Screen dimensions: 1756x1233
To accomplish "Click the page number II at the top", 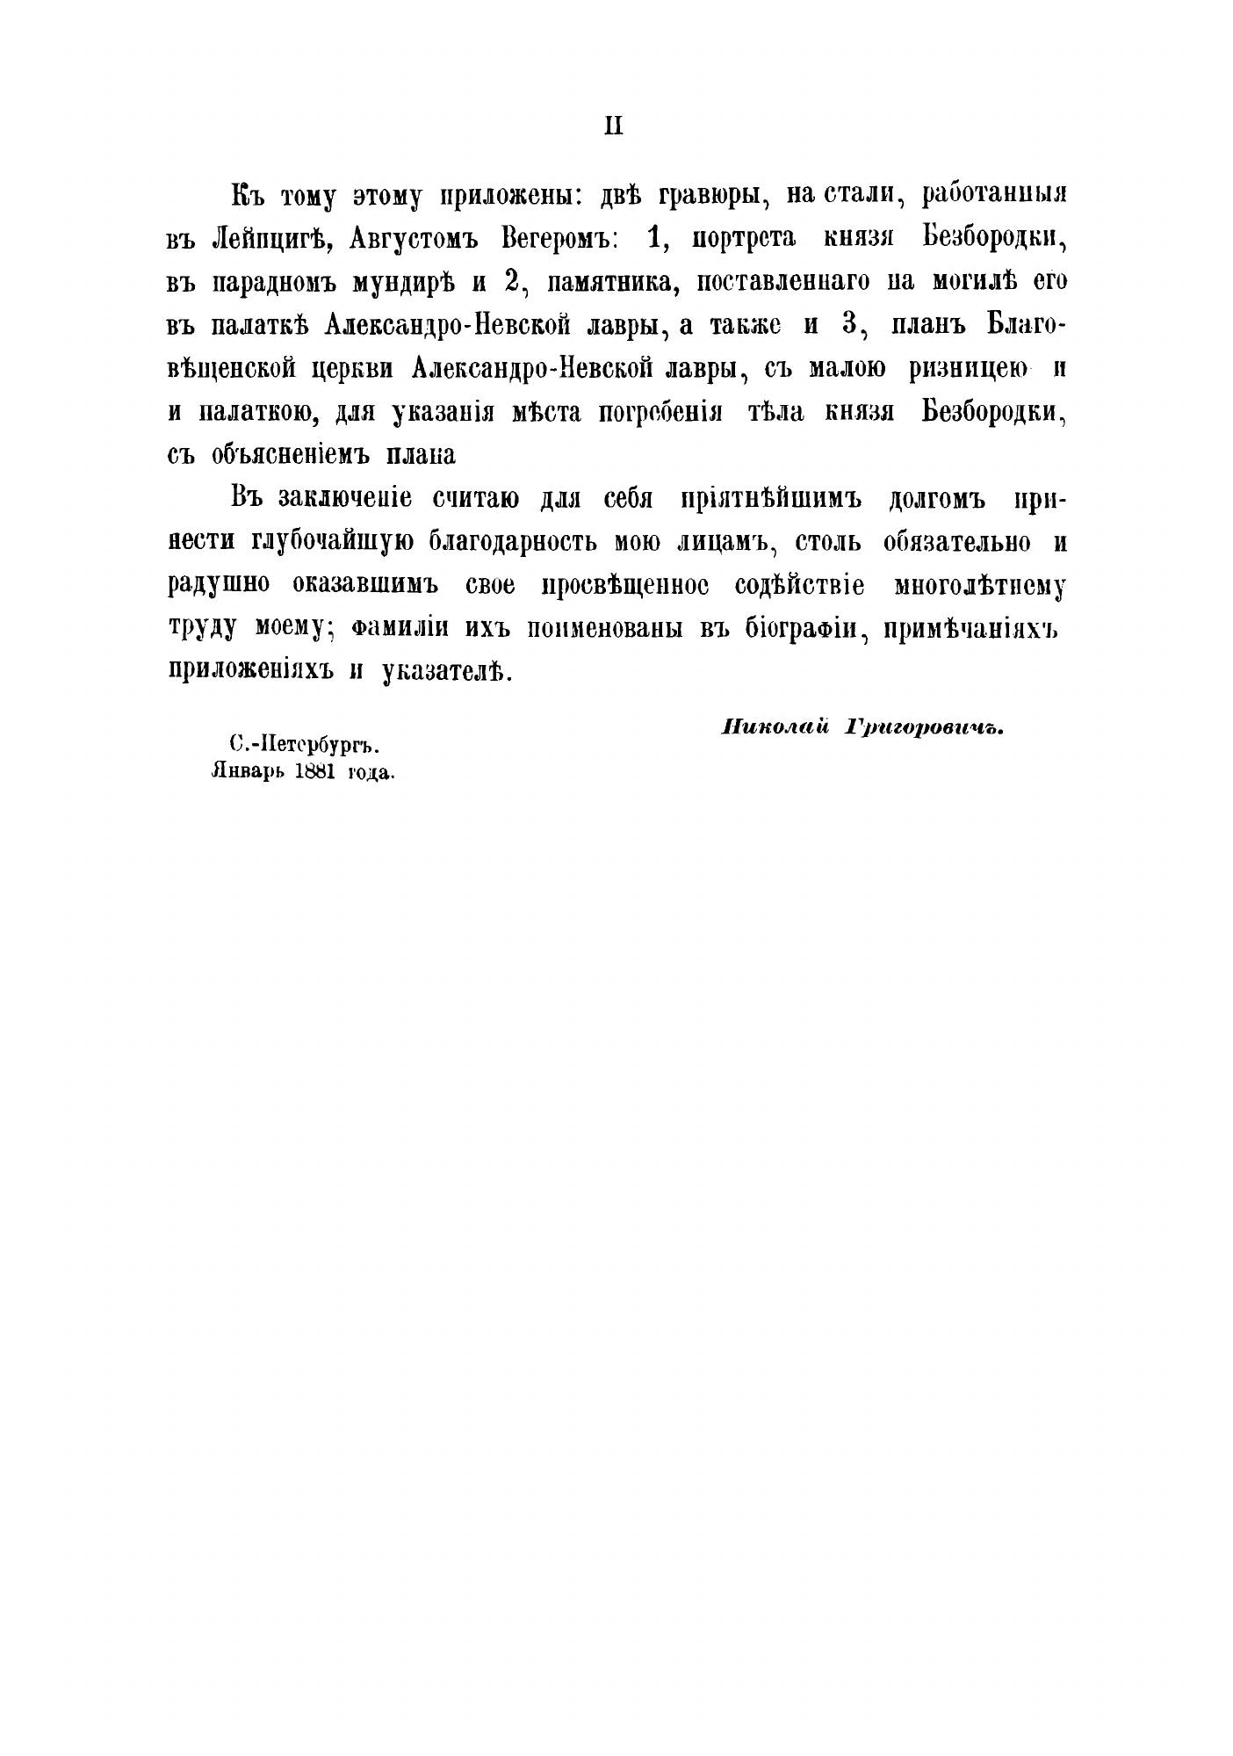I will [613, 126].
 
